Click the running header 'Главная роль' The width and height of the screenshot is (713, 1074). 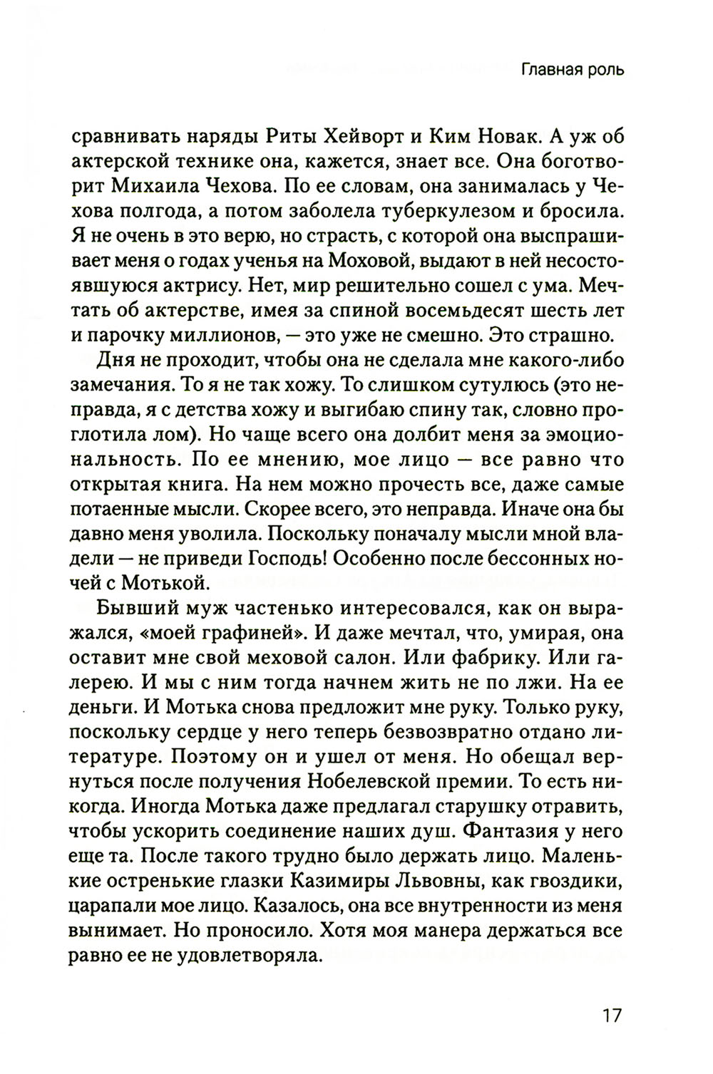573,70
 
